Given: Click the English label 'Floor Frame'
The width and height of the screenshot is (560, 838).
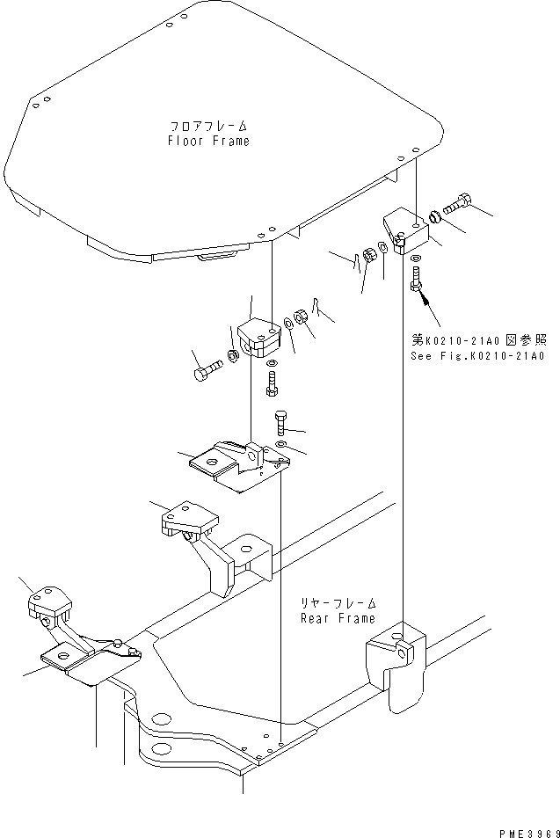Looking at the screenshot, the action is [x=208, y=141].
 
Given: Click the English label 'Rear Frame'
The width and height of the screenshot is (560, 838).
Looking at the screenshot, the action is [x=338, y=618].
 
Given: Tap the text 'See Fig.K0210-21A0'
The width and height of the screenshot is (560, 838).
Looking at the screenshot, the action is [x=477, y=356].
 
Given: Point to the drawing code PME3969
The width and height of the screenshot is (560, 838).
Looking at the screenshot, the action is [x=529, y=834].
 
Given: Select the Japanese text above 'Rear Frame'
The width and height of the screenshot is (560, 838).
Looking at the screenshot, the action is [x=338, y=603].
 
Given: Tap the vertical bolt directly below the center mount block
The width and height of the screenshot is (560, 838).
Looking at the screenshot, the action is [x=272, y=384].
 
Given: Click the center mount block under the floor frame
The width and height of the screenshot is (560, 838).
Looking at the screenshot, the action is [x=259, y=338].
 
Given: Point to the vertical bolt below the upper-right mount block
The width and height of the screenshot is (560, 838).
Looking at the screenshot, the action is [x=416, y=280].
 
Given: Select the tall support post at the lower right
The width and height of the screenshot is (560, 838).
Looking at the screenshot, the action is [x=396, y=664].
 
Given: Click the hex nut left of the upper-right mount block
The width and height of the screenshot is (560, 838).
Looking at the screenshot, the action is [x=368, y=255].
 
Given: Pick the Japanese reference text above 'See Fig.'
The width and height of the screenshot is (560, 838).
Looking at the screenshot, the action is [x=479, y=340].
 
